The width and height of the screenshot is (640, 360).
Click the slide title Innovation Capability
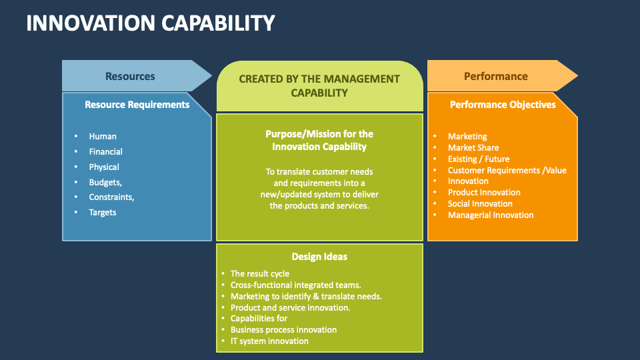pyautogui.click(x=150, y=23)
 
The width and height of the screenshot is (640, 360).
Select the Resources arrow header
pyautogui.click(x=130, y=76)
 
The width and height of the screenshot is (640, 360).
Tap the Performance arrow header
pyautogui.click(x=495, y=76)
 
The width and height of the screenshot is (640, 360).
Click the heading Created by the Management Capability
pyautogui.click(x=319, y=86)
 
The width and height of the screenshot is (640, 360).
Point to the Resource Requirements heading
pyautogui.click(x=137, y=105)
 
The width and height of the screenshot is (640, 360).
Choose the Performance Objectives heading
pyautogui.click(x=503, y=105)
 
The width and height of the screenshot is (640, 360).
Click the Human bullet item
pyautogui.click(x=103, y=136)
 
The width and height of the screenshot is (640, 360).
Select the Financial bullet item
pyautogui.click(x=106, y=151)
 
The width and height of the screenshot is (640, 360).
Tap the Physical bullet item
pyautogui.click(x=104, y=167)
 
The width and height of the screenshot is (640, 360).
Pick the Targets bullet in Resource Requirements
pyautogui.click(x=103, y=212)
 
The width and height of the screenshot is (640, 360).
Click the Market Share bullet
pyautogui.click(x=473, y=147)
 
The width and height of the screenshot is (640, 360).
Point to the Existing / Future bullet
pyautogui.click(x=479, y=159)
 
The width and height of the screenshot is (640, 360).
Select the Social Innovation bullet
pyautogui.click(x=480, y=203)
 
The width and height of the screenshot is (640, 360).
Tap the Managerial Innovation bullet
pyautogui.click(x=491, y=215)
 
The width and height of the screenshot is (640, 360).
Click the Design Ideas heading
pyautogui.click(x=319, y=257)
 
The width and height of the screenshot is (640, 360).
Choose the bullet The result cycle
pyautogui.click(x=259, y=273)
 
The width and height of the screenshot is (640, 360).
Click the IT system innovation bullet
pyautogui.click(x=269, y=341)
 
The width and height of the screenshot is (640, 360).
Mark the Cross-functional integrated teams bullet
pyautogui.click(x=295, y=285)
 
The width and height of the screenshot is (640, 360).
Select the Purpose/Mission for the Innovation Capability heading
pyautogui.click(x=319, y=140)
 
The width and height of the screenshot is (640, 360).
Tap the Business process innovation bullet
pyautogui.click(x=283, y=329)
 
